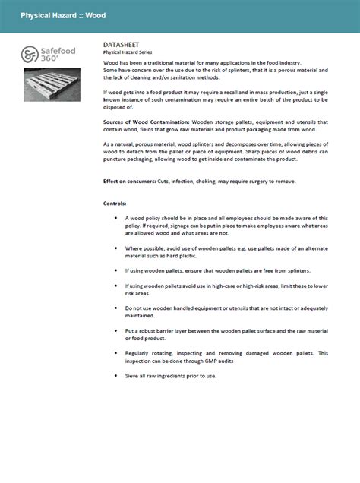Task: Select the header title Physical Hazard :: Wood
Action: click(x=63, y=15)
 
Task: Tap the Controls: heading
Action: click(x=115, y=204)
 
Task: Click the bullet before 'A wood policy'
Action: click(x=115, y=219)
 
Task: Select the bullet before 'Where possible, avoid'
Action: click(x=115, y=248)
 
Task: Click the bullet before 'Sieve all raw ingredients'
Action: click(x=115, y=376)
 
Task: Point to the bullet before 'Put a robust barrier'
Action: click(x=115, y=332)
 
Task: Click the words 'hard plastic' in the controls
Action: click(x=179, y=256)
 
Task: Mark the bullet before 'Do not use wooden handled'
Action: click(x=115, y=308)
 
